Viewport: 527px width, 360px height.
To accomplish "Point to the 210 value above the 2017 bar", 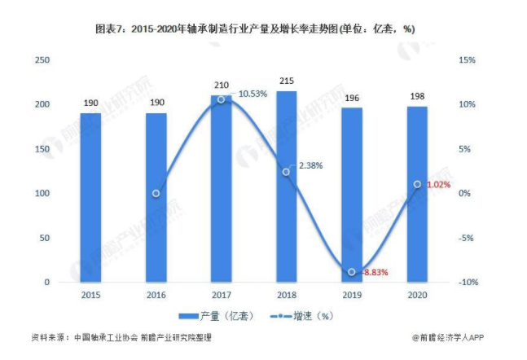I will pyautogui.click(x=222, y=86).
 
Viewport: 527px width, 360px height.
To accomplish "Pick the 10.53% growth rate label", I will pyautogui.click(x=253, y=94).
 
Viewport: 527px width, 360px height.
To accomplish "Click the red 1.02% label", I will pyautogui.click(x=439, y=185).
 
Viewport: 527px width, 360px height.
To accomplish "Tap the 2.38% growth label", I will pyautogui.click(x=310, y=165).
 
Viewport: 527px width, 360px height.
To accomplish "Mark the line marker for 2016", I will pyautogui.click(x=156, y=194).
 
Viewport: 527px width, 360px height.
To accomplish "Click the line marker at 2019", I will pyautogui.click(x=351, y=272).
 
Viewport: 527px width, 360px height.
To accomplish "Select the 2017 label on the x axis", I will pyautogui.click(x=221, y=294).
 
